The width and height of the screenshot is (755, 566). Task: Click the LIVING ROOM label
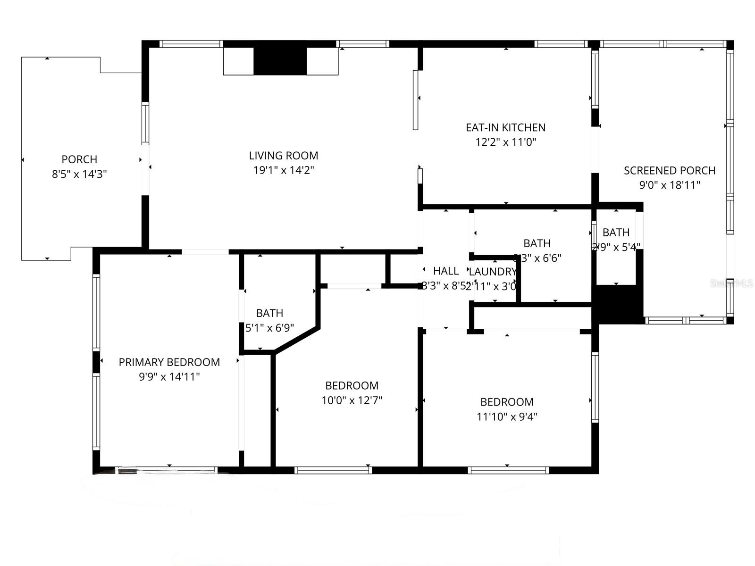pyautogui.click(x=284, y=156)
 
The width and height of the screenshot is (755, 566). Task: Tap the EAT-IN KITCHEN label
pyautogui.click(x=505, y=127)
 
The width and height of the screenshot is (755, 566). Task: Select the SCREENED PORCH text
pyautogui.click(x=669, y=170)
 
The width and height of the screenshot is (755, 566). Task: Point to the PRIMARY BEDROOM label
pyautogui.click(x=169, y=362)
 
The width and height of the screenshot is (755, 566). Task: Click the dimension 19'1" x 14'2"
pyautogui.click(x=284, y=170)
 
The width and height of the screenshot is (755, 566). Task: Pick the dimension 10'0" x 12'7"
pyautogui.click(x=352, y=400)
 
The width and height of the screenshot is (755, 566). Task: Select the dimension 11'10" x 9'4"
pyautogui.click(x=507, y=416)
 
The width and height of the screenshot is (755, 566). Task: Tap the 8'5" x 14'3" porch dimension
pyautogui.click(x=79, y=174)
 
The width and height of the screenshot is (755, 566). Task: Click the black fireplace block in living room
pyautogui.click(x=280, y=61)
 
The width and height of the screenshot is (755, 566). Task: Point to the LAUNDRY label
pyautogui.click(x=492, y=272)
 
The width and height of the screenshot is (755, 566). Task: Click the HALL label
pyautogui.click(x=445, y=271)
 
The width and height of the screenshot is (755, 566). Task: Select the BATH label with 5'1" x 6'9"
pyautogui.click(x=269, y=313)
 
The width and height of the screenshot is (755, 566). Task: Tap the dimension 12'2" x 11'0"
pyautogui.click(x=505, y=142)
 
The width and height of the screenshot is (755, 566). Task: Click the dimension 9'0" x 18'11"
pyautogui.click(x=669, y=185)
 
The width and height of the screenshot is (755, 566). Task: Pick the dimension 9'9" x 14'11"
pyautogui.click(x=169, y=377)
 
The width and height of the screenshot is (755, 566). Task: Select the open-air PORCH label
pyautogui.click(x=79, y=159)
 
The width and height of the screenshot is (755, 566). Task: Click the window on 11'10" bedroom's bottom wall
pyautogui.click(x=508, y=470)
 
